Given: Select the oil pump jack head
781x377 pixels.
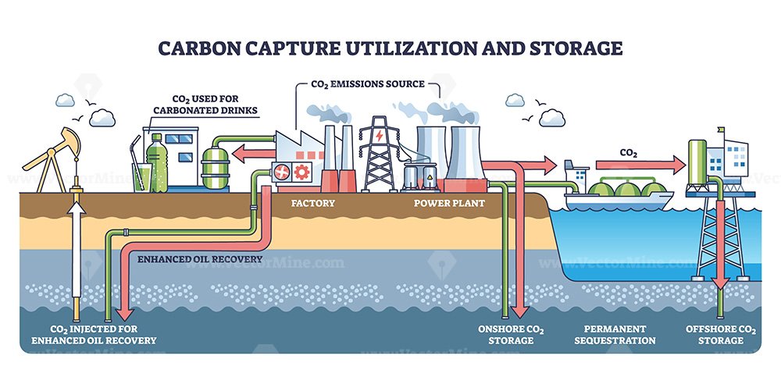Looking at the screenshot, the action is pyautogui.click(x=71, y=140).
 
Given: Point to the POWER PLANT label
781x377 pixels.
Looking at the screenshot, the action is pyautogui.click(x=449, y=203).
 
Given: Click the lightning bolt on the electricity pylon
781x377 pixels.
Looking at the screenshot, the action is pyautogui.click(x=380, y=135).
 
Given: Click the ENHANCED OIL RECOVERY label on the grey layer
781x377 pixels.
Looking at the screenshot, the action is pyautogui.click(x=200, y=259).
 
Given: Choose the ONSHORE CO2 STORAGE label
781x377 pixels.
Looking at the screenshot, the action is pyautogui.click(x=511, y=335).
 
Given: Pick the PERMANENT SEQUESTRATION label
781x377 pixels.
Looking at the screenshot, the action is pyautogui.click(x=615, y=335).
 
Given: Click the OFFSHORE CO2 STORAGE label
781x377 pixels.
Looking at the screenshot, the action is pyautogui.click(x=721, y=335).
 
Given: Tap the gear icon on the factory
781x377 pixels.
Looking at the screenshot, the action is pyautogui.click(x=301, y=172).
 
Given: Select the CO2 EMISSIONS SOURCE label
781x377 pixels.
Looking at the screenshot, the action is pyautogui.click(x=368, y=84).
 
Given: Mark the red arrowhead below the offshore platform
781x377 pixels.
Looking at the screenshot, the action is pyautogui.click(x=719, y=284).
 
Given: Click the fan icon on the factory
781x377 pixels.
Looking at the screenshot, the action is pyautogui.click(x=280, y=172).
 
